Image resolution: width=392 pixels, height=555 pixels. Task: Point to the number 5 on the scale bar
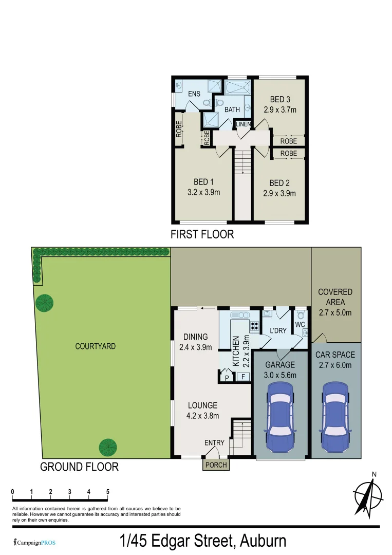coord(107,492)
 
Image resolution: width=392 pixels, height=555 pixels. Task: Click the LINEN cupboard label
coord(243,125)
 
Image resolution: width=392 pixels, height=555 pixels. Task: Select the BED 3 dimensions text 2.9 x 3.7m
coord(280,109)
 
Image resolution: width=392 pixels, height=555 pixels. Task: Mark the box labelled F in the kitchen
coord(244,377)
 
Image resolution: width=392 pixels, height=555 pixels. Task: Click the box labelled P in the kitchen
coord(227,378)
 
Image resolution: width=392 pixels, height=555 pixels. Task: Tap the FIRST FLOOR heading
coord(202,235)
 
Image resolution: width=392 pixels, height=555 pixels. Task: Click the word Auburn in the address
coord(262,541)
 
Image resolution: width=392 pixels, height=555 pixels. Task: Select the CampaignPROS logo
coord(34,542)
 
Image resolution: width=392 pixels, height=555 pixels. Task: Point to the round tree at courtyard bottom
coord(108,447)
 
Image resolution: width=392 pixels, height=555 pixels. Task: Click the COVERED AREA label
coord(335,297)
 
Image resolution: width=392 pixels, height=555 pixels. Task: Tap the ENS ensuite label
coord(193,94)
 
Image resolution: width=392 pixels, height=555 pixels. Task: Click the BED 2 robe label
coord(288,153)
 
